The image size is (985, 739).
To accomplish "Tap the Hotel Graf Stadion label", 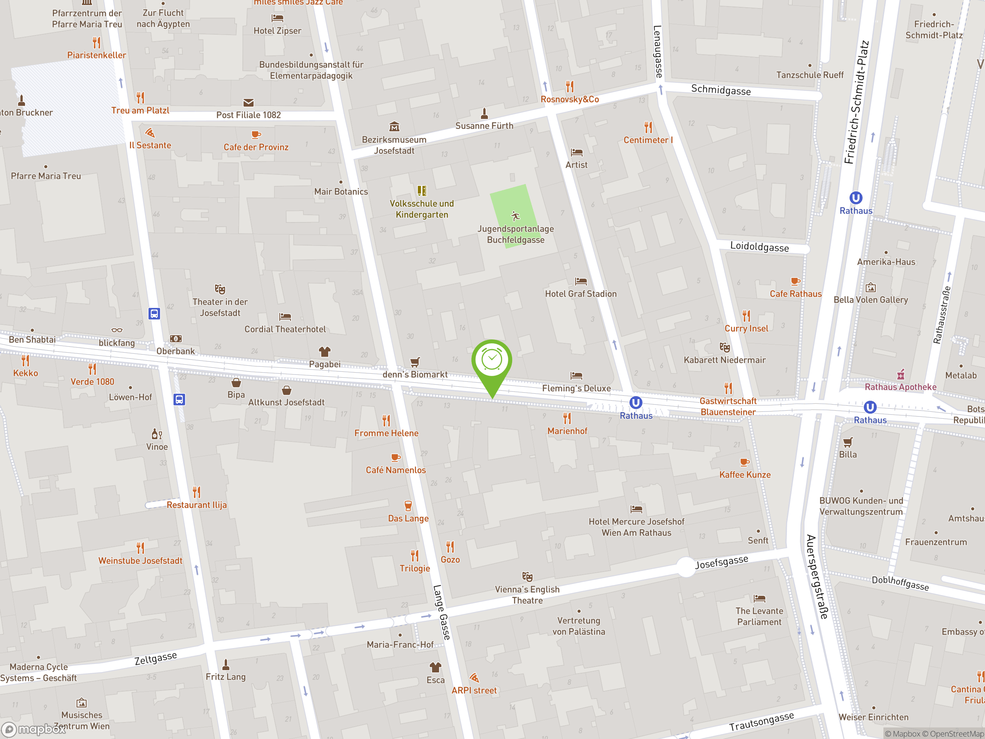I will tap(581, 294).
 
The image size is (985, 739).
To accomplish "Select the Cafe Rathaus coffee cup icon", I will tap(795, 281).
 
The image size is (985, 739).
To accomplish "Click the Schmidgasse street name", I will tap(721, 90).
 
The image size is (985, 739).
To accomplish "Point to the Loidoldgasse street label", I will tap(759, 247).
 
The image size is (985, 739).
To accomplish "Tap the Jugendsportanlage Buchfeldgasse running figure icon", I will tap(516, 216).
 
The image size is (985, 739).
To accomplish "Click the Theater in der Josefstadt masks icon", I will tap(220, 289).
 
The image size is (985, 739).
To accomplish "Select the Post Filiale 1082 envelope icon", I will tap(249, 103).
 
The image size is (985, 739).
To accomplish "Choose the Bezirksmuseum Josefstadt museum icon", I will tap(394, 127).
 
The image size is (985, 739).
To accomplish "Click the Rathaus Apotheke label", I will tap(900, 387).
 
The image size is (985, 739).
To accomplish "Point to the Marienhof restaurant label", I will tap(567, 431).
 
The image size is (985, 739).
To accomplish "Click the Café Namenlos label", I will tap(396, 470).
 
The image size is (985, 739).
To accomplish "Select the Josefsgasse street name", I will tap(721, 562).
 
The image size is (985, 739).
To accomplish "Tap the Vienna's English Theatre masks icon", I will tap(527, 577).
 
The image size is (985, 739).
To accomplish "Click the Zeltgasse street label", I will tap(156, 658).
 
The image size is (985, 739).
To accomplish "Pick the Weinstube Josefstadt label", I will tap(140, 561).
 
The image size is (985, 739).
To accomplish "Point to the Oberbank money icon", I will tap(176, 339).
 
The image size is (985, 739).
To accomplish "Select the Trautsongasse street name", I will tap(761, 721).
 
